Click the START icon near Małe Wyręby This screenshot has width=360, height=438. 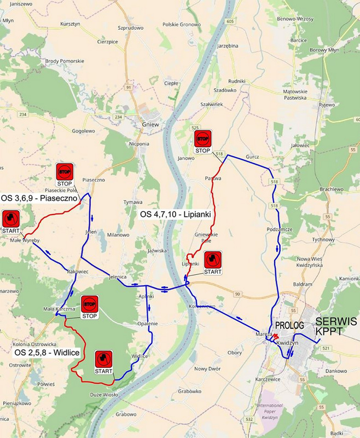(10, 219)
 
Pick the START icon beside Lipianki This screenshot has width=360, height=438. (213, 260)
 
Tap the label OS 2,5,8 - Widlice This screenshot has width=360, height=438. (47, 353)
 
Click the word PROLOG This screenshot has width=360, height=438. (289, 325)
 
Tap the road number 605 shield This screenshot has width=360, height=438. (230, 21)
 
